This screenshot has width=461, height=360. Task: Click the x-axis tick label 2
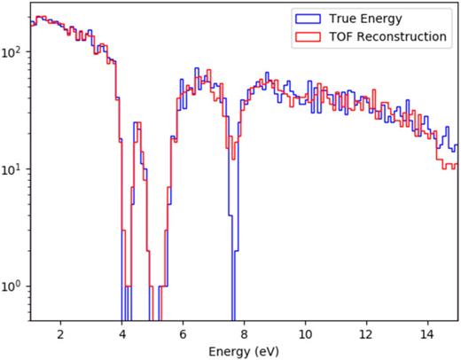[x=60, y=334]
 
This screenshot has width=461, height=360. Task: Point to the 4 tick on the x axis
[x=121, y=334]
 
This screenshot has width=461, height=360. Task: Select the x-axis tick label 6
[x=183, y=334]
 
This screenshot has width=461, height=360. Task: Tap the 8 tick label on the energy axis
[x=244, y=334]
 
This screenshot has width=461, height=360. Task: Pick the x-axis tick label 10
[x=305, y=334]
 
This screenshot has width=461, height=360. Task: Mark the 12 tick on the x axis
[x=366, y=334]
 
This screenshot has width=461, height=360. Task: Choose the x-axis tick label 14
[x=427, y=334]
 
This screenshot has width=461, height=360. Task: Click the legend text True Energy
[x=364, y=18]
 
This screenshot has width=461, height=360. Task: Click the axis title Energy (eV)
[x=244, y=350]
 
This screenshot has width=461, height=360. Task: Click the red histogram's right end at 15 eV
[x=457, y=163]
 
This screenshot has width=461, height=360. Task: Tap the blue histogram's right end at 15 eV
[x=457, y=145]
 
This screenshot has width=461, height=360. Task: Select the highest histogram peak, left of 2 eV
[x=41, y=17]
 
